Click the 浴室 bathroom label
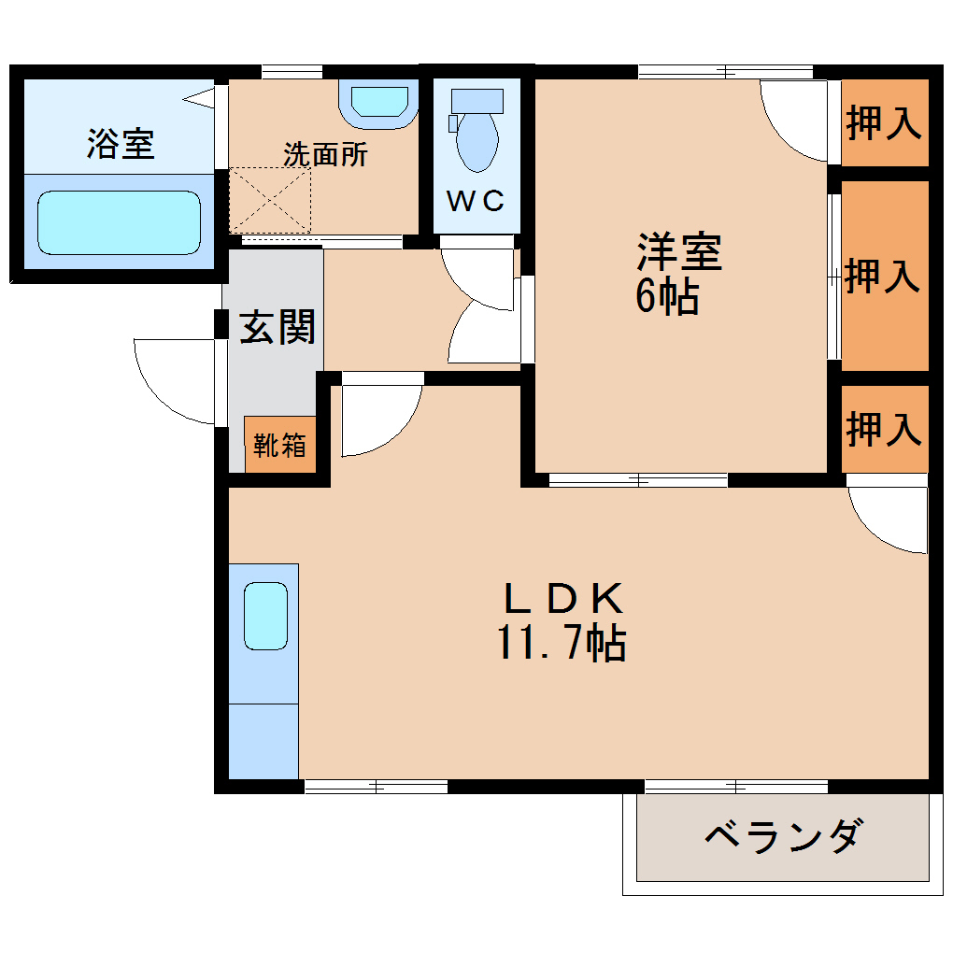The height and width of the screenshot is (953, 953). coord(121,144)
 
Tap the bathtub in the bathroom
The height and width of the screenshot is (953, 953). coord(119,222)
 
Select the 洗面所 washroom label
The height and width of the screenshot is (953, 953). coord(325,154)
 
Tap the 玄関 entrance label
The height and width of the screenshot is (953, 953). coord(277,327)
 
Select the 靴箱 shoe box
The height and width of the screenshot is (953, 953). coord(280,445)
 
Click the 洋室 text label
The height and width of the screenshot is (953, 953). coord(679,252)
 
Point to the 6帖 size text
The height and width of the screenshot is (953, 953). coord(667,297)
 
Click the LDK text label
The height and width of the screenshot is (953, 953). coord(562,598)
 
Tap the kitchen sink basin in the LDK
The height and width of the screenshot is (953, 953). coord(265,615)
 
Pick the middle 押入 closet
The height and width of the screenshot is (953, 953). coord(884,277)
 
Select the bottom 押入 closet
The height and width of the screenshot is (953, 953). coord(884,428)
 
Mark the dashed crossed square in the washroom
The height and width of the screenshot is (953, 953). coord(270,200)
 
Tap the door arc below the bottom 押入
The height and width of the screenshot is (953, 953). coord(888,519)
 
